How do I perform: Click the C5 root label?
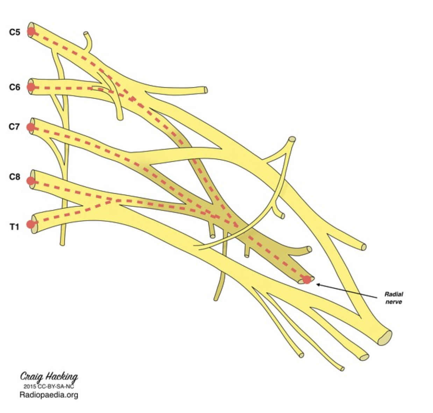15,32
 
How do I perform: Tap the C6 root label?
15,87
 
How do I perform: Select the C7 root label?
14,126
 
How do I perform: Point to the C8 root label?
15,177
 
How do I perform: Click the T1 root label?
14,227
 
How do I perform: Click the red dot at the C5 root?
31,32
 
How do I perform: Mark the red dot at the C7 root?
31,127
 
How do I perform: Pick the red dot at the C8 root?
31,181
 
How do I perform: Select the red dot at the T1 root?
31,224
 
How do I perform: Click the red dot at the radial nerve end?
307,280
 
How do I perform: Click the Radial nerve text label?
393,298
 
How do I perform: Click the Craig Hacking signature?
49,377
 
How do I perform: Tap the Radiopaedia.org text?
49,395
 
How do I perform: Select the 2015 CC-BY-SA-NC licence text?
49,386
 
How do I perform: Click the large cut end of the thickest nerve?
385,338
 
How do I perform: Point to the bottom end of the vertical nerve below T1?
62,243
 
